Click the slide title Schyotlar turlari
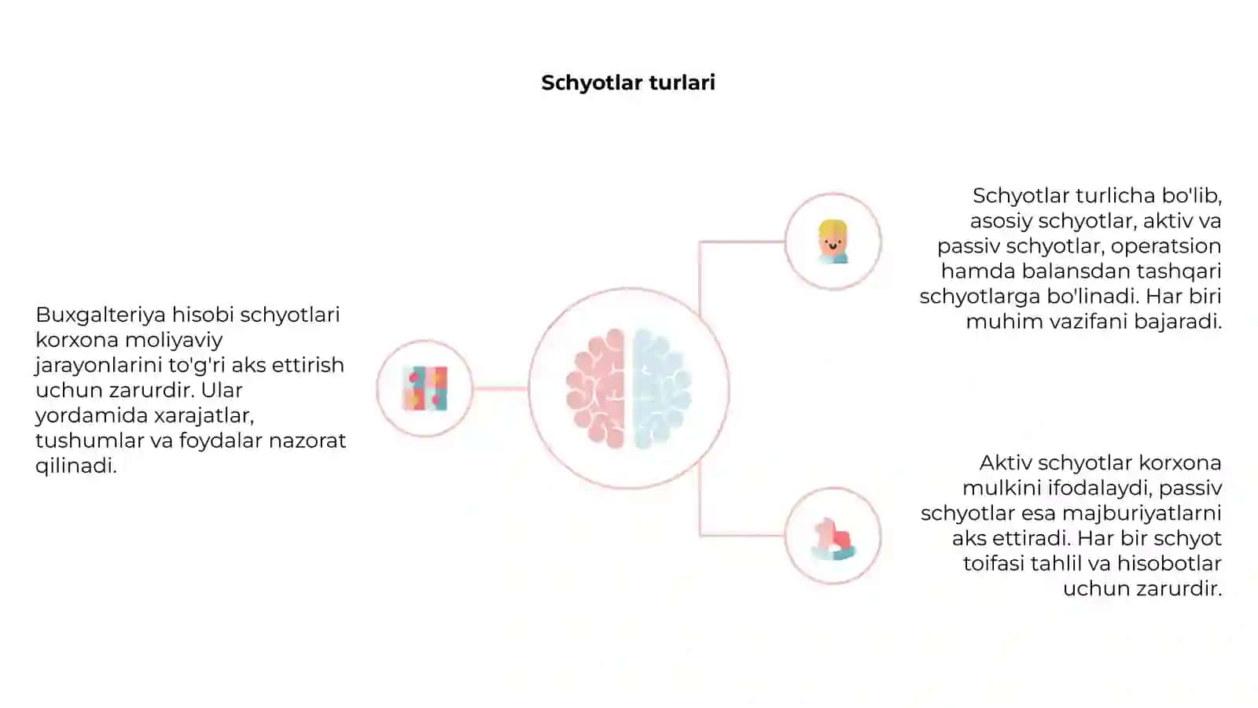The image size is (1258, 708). (628, 83)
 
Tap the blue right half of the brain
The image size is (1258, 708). (661, 389)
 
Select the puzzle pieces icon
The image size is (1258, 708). (425, 389)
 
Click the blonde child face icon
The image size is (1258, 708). (833, 242)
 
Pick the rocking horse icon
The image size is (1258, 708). (834, 538)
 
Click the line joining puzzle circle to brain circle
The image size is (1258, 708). (500, 389)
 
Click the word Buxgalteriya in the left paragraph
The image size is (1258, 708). (101, 315)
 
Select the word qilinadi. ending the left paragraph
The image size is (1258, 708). (75, 466)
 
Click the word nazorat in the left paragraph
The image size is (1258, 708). (307, 441)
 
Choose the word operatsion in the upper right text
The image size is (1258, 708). (1166, 247)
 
